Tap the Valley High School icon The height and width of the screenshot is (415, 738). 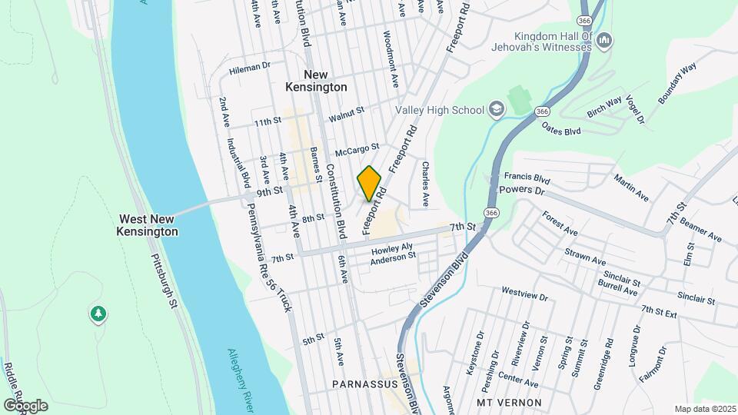pos(497,110)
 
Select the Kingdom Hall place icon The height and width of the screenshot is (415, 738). pos(605,39)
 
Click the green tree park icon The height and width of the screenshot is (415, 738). pos(98,314)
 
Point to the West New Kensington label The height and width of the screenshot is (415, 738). pos(148,225)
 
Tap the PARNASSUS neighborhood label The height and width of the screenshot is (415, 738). pos(364,383)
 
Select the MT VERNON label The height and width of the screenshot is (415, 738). pos(509,403)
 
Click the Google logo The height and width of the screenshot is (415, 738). pos(25,405)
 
